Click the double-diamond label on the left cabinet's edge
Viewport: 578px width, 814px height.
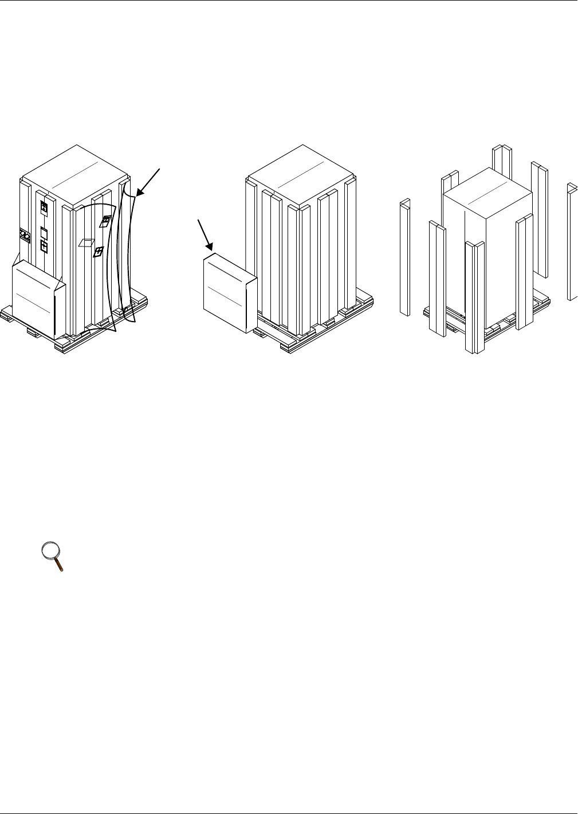(24, 234)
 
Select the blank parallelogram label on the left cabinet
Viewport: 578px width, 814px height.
(85, 242)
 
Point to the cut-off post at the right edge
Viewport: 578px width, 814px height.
(572, 241)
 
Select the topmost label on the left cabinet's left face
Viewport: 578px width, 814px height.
(44, 208)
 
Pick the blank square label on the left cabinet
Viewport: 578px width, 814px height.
(44, 232)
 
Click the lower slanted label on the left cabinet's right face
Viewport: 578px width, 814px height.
(98, 252)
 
